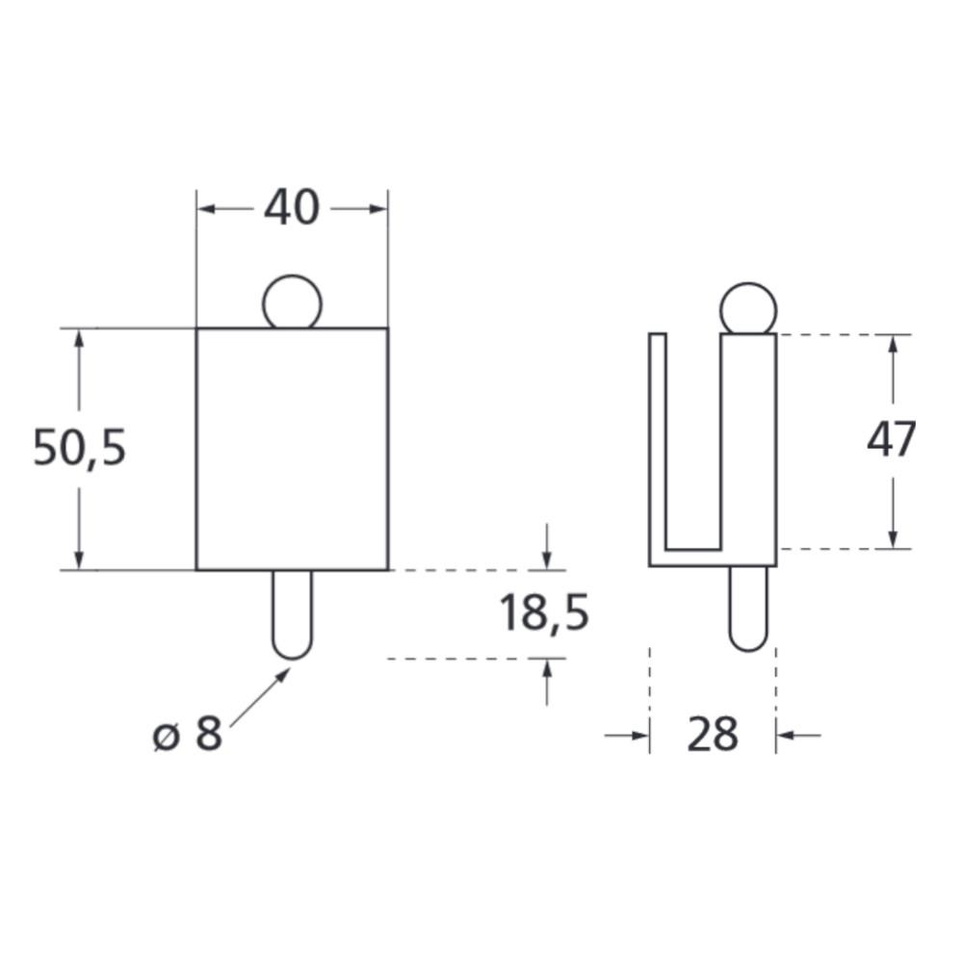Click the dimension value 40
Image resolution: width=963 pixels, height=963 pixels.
pos(292,208)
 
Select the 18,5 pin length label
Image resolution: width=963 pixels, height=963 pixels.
pos(543,612)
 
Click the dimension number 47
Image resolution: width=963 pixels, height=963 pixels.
pos(891,439)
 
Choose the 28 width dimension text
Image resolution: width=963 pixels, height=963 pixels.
pos(713,734)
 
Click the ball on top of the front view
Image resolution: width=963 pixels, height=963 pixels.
pos(292,302)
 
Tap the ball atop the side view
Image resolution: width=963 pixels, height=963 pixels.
pos(748,309)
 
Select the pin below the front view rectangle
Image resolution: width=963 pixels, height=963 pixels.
pos(293,614)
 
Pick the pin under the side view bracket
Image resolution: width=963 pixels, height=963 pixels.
pos(748,609)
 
